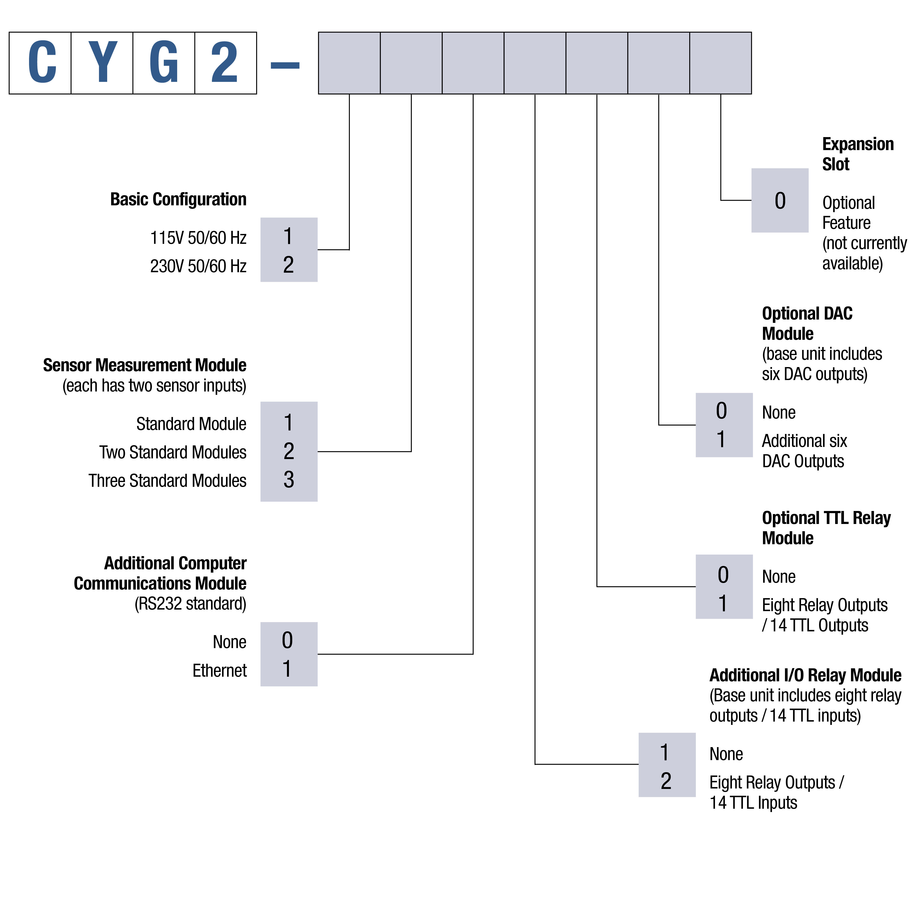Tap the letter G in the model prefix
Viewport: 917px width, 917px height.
[164, 63]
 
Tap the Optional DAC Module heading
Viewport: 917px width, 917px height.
[807, 324]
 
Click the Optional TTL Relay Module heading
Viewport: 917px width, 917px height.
[826, 528]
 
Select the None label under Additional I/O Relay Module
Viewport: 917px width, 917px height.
[726, 754]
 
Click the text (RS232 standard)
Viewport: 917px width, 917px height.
[190, 604]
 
